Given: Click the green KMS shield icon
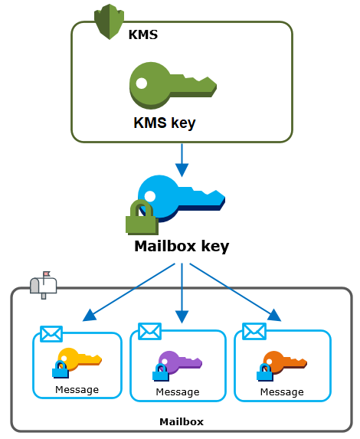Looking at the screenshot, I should tap(106, 22).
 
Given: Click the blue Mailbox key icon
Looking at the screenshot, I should tap(181, 196).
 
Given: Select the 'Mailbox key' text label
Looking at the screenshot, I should tap(182, 247).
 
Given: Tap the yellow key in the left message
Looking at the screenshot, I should tap(80, 359).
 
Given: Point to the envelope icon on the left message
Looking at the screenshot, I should tap(51, 334).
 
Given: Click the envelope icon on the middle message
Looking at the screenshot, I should tap(149, 331).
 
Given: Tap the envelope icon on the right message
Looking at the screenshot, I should tap(254, 331).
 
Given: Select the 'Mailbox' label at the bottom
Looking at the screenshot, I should tap(182, 421).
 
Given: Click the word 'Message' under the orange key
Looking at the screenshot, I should tap(282, 392).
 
